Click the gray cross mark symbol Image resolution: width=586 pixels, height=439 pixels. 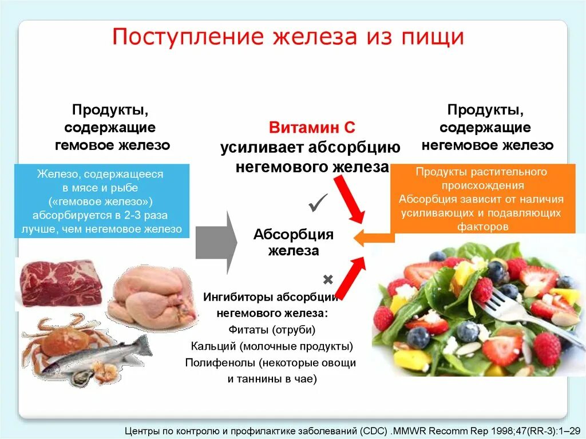[x=328, y=280]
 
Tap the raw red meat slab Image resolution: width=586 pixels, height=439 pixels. [x=60, y=282]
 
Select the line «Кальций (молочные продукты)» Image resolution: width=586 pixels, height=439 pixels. [x=272, y=346]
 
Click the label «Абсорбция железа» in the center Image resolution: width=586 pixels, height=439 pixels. [x=293, y=243]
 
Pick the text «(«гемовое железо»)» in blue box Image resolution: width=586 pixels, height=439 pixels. [x=100, y=201]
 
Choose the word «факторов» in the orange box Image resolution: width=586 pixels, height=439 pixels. [x=482, y=226]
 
